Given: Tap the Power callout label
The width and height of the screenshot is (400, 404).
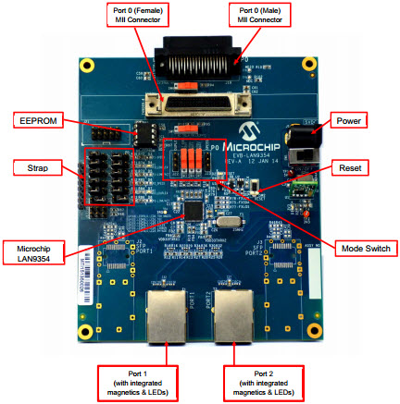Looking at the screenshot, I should click(x=348, y=119).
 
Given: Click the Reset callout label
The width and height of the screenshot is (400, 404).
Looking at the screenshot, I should click(x=349, y=168).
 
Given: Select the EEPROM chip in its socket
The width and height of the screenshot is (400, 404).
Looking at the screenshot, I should click(x=142, y=133).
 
